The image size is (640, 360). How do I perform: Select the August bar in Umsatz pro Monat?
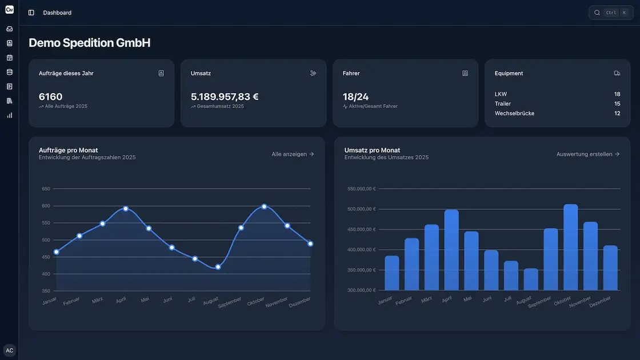pos(531,279)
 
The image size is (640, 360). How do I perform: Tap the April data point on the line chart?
pos(126,209)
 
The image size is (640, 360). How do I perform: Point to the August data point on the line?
pos(218,267)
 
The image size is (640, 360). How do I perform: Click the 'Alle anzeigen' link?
pos(293,154)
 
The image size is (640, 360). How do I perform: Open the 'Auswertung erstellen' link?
pos(588,154)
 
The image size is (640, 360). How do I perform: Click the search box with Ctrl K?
pos(611,13)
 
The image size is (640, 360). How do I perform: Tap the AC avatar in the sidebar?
pos(10,350)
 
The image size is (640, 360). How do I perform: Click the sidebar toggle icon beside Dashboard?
pos(31,13)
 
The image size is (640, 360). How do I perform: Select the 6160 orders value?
pos(51,97)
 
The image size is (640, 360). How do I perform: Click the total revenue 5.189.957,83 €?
pos(225,97)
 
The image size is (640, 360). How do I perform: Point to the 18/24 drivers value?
pos(355,97)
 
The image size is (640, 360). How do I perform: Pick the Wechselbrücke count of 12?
pos(617,113)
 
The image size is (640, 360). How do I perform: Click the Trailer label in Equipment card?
pos(503,103)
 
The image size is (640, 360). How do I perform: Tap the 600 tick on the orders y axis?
pos(46,206)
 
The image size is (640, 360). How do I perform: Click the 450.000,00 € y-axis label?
pos(361,229)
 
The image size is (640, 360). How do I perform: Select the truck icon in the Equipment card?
pos(617,73)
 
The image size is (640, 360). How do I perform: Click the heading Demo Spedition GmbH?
pos(90,43)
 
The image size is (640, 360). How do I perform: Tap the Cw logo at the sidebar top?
pos(10,9)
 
